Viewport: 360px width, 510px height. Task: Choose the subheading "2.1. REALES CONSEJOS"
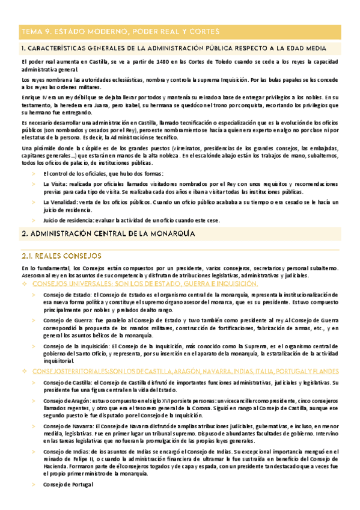[x=61, y=256]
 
